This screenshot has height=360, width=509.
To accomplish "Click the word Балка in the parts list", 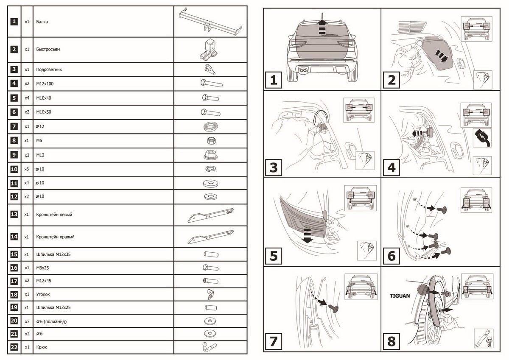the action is tap(42, 22).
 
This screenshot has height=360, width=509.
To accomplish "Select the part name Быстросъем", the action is tap(48, 49).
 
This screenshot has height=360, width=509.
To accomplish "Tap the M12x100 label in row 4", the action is tap(45, 84).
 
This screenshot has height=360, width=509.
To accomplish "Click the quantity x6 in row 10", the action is tap(27, 169).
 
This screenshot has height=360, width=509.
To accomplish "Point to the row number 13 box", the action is tap(14, 214).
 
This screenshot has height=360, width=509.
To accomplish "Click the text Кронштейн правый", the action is tap(55, 237).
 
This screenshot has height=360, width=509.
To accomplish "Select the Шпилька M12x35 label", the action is tap(53, 254).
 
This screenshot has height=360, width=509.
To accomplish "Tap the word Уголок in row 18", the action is tap(43, 294).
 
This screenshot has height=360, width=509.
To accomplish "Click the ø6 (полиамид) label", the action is tap(51, 321).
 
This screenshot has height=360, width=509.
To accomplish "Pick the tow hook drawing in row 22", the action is tap(209, 347).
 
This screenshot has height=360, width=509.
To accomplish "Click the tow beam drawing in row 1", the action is tap(210, 22).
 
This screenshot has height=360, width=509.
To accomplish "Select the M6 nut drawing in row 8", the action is tap(211, 141).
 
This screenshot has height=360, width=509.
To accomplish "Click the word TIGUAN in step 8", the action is tap(400, 296).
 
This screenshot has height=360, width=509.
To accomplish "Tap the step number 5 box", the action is tap(273, 256).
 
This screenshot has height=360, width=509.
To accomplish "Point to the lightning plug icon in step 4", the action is tap(482, 138).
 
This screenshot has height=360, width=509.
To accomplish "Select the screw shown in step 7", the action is tap(333, 309).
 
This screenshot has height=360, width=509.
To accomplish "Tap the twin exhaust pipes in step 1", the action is tap(303, 70).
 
